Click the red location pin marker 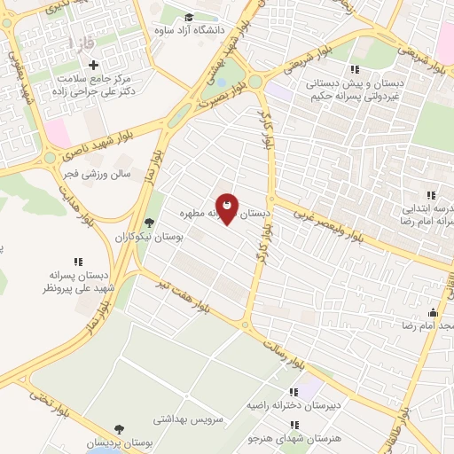click(227, 209)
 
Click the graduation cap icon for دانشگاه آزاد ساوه click(189, 18)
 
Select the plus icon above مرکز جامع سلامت click(93, 64)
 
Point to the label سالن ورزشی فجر click(98, 175)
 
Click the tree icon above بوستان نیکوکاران click(149, 223)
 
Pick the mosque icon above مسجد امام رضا click(433, 312)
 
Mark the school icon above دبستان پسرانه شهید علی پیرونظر click(77, 262)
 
